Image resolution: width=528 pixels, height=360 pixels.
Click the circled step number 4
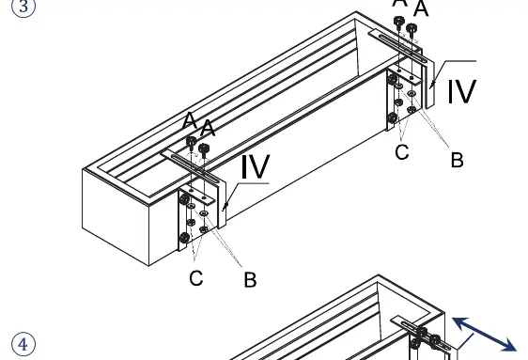click(x=23, y=344)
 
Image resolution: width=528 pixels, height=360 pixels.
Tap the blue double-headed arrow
click(x=484, y=334)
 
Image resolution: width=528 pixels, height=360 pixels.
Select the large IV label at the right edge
click(x=461, y=91)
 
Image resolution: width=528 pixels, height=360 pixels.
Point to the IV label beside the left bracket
click(x=256, y=166)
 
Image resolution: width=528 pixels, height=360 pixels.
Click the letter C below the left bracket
click(x=196, y=278)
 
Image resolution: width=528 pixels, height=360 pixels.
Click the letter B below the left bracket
click(x=250, y=280)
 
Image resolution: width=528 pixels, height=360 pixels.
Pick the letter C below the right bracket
click(x=402, y=152)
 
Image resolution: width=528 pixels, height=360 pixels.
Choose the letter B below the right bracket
click(x=457, y=160)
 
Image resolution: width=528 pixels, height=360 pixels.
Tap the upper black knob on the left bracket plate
click(x=184, y=199)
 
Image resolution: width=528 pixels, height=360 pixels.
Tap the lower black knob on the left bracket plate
click(x=184, y=238)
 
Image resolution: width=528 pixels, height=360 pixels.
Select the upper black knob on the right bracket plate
click(x=392, y=80)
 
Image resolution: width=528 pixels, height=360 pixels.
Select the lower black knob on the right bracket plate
click(x=392, y=118)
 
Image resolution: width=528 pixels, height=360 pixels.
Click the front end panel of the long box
click(x=116, y=217)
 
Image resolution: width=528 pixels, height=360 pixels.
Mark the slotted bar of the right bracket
click(x=398, y=46)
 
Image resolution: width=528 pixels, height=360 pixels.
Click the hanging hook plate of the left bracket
click(x=222, y=205)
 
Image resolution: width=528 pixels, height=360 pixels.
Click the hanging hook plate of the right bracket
click(x=429, y=85)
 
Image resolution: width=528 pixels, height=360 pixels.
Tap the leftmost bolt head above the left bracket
click(x=191, y=141)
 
